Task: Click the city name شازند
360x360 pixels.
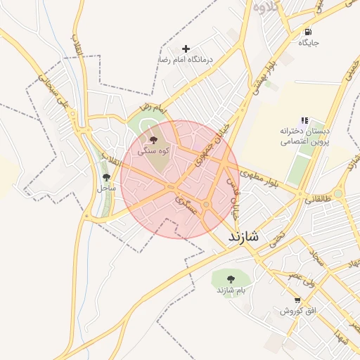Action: (243, 237)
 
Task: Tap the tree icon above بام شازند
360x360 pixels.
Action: (225, 276)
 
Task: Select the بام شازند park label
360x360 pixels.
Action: (225, 290)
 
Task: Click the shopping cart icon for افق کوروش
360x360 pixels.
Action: (287, 299)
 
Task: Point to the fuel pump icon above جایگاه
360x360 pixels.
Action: (308, 32)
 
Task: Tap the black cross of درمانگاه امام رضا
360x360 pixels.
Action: (186, 49)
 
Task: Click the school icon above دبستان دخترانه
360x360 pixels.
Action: (304, 121)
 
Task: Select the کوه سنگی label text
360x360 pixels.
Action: (153, 151)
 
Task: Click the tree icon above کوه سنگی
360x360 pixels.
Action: (154, 140)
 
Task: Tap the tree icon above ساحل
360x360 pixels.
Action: (106, 177)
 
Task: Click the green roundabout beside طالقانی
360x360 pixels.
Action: (337, 193)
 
